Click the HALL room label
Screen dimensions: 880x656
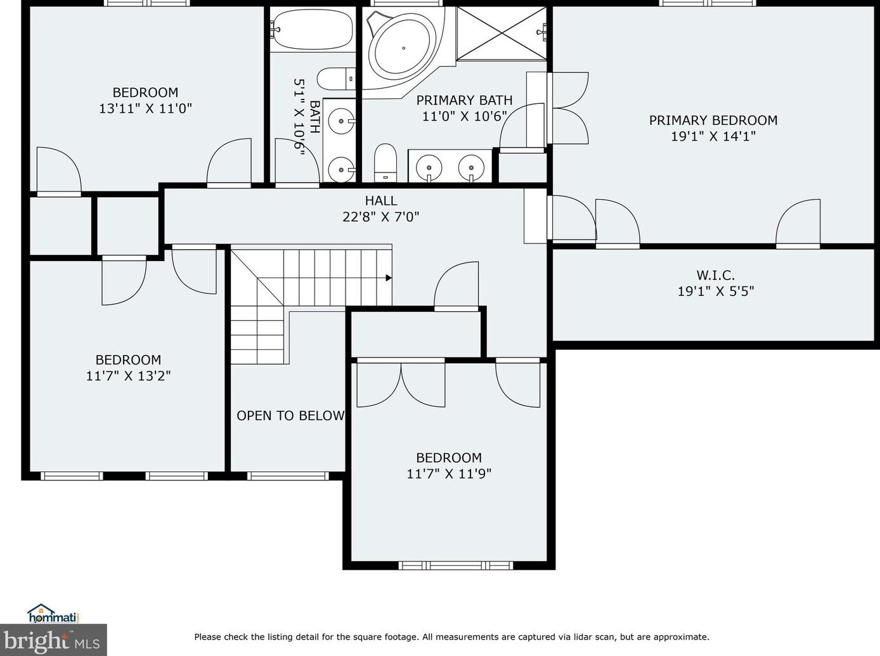[x=381, y=200]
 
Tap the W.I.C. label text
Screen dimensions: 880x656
[x=716, y=275]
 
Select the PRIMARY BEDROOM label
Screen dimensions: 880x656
[x=713, y=120]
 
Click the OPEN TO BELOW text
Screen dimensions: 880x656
[x=290, y=416]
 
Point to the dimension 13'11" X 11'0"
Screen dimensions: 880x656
[x=146, y=108]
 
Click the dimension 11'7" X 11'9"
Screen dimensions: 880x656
[x=449, y=473]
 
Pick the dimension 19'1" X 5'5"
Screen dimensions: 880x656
[x=716, y=291]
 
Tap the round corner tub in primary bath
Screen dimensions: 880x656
[x=403, y=48]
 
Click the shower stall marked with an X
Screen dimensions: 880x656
[x=501, y=34]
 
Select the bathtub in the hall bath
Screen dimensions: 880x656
[x=313, y=29]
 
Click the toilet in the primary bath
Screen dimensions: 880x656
[x=385, y=163]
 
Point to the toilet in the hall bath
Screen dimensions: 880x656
[x=337, y=79]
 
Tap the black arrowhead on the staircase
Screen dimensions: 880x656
[x=389, y=278]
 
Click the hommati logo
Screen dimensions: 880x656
[x=53, y=614]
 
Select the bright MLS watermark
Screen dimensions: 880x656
[x=53, y=640]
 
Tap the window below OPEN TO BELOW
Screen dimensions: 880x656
[x=288, y=475]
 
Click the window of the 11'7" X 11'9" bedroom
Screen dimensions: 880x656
[x=455, y=565]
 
